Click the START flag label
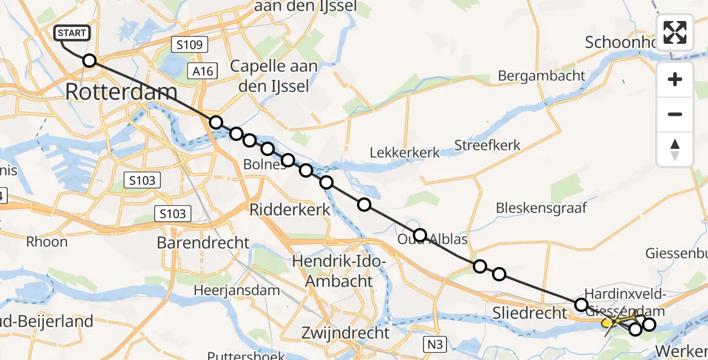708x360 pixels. pos(73,33)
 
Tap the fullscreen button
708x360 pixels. pos(675,32)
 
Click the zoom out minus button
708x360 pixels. pos(675,114)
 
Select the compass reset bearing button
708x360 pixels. pos(675,149)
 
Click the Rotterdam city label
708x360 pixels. pos(121,92)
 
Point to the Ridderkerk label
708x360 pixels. pos(290,209)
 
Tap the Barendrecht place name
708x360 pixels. pos(203,242)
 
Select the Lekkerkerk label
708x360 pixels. pos(404,152)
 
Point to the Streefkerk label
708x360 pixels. pos(487,145)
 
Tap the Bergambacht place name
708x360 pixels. pos(542,76)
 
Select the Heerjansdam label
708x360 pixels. pos(236,290)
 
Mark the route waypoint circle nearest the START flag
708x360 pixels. pos(89,61)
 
